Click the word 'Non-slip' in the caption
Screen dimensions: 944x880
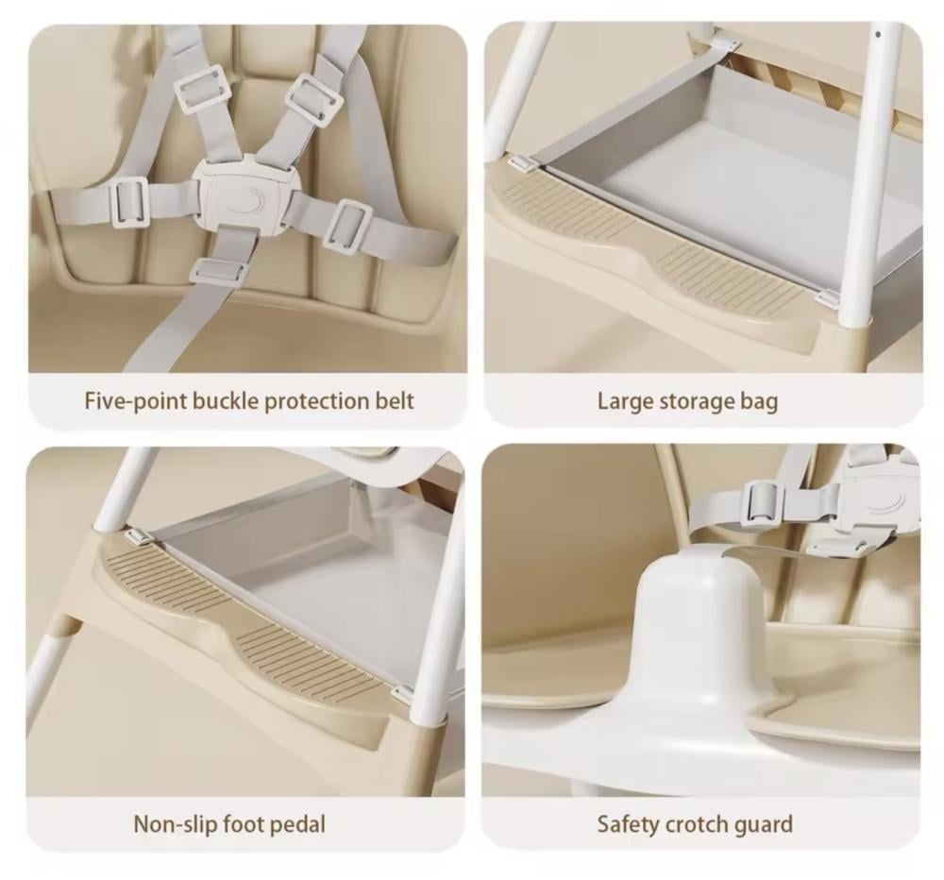(x=176, y=824)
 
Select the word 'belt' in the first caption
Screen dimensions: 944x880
(x=395, y=400)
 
